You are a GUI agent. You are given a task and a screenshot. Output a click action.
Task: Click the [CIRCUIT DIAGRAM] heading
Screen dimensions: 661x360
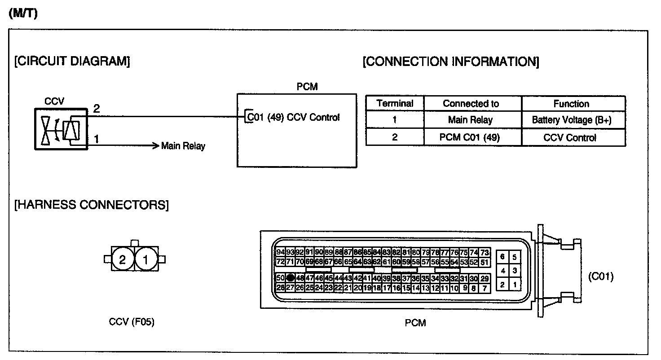pos(72,61)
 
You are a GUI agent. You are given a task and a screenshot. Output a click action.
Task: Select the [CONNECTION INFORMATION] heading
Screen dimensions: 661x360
pos(450,61)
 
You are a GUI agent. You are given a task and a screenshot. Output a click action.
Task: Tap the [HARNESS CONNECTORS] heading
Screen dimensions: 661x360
pos(92,205)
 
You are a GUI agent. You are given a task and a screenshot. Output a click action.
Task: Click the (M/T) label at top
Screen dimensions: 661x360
pos(23,13)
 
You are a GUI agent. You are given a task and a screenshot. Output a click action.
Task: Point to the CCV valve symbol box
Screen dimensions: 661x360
pos(61,128)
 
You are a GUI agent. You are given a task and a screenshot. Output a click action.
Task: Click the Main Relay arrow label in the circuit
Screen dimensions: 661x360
pos(183,146)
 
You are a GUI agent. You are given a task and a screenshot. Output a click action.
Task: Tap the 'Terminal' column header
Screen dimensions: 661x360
pos(395,104)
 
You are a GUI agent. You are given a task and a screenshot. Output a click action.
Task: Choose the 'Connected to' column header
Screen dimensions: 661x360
pos(471,104)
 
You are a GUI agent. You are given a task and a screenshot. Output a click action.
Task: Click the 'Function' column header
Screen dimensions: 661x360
pos(571,104)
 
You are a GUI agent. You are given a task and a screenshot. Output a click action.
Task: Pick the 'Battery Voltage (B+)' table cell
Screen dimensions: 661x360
pos(572,120)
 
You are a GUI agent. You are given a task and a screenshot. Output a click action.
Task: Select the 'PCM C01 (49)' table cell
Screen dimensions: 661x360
pos(471,137)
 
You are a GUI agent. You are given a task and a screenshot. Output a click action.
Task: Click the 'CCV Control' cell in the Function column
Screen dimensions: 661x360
pos(570,137)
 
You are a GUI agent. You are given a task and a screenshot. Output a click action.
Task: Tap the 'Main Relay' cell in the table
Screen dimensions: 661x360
pos(470,120)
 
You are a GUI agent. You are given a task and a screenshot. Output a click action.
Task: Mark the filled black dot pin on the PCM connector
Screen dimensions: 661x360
pos(291,278)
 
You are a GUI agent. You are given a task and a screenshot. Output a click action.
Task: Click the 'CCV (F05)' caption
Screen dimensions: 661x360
pos(132,322)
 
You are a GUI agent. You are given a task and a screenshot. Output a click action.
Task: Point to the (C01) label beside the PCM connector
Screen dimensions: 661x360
pos(600,277)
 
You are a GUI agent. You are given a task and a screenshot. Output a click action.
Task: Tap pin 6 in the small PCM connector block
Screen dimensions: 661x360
pos(502,257)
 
